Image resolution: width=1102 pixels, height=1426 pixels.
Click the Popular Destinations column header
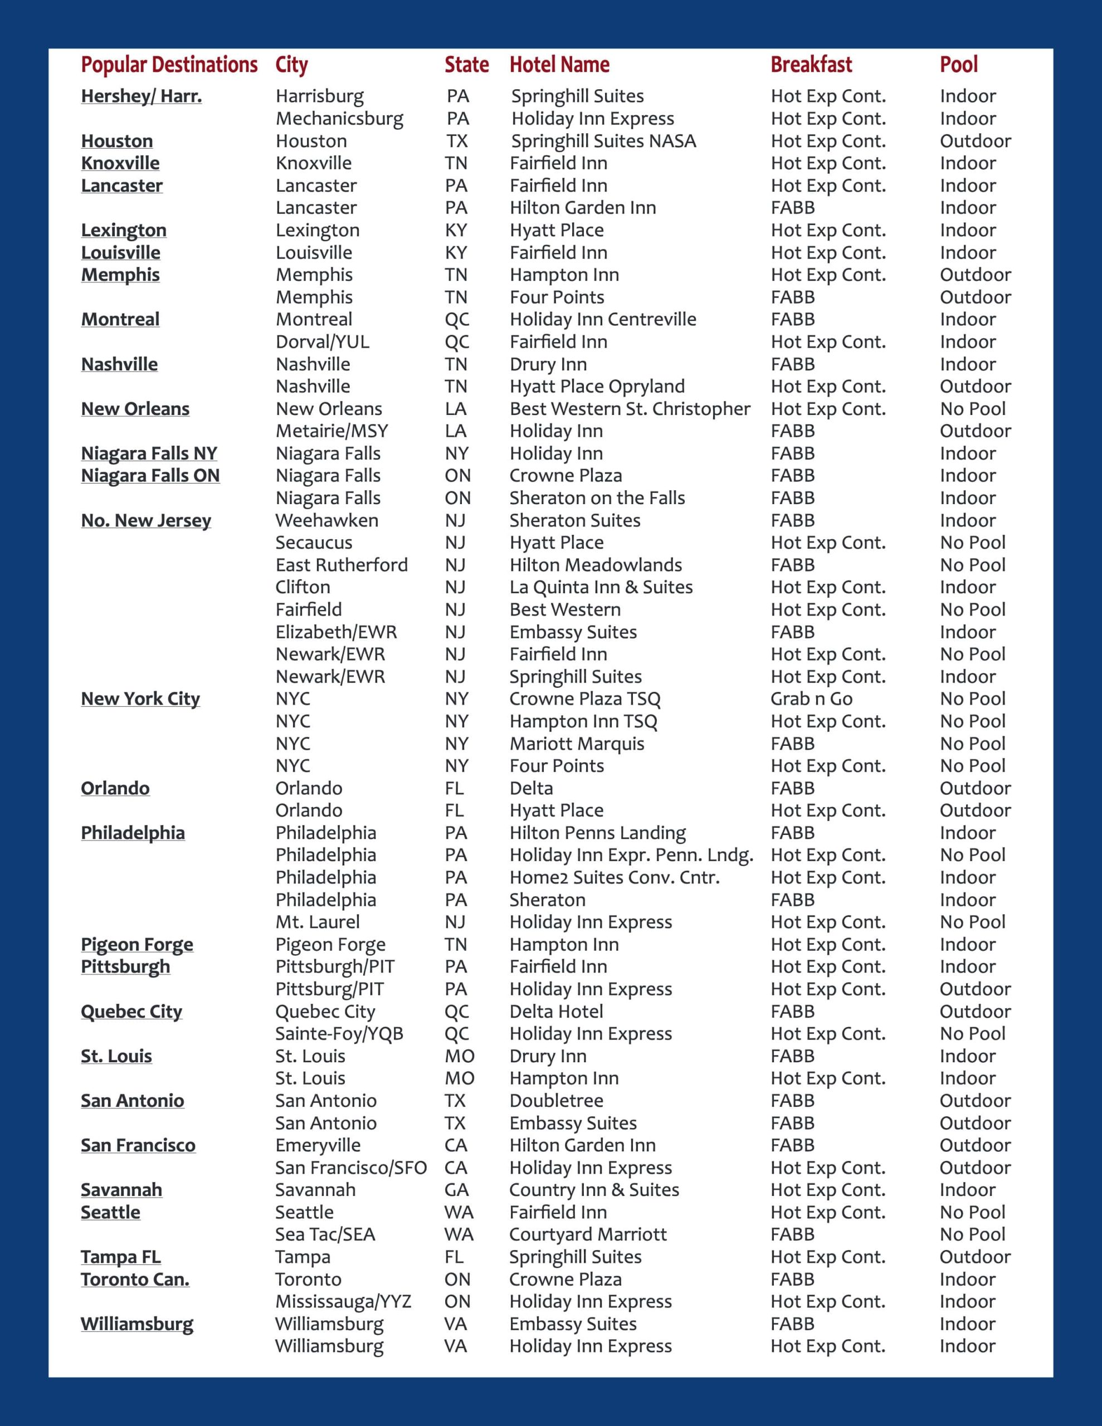169,65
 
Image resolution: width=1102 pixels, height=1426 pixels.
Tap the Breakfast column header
811,65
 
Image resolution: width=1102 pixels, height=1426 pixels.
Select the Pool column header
958,65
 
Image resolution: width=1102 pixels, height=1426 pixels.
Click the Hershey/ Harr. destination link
141,96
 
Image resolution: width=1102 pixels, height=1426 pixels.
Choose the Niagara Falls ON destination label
150,475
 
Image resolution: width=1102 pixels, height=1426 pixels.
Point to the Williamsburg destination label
137,1324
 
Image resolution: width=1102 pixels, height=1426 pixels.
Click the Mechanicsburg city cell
339,119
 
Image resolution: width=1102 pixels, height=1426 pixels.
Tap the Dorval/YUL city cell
322,341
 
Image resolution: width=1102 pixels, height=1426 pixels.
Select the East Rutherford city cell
341,565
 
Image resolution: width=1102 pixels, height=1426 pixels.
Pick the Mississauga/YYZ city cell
343,1301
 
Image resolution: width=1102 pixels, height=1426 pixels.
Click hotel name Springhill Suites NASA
603,141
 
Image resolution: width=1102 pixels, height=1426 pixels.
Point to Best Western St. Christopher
630,409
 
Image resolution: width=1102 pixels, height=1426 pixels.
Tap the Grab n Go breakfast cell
811,699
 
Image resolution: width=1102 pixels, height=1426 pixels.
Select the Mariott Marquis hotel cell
577,744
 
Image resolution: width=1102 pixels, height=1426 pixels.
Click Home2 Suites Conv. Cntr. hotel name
614,877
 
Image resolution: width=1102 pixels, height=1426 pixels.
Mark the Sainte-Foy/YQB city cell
339,1034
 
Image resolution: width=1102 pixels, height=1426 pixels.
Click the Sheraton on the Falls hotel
597,498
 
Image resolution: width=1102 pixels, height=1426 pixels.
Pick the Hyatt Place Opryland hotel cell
597,387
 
